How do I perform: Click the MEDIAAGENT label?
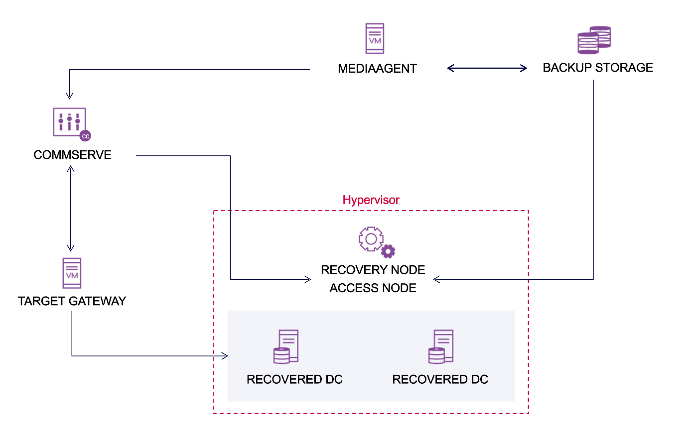[377, 69]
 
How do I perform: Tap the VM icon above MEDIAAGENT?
[375, 38]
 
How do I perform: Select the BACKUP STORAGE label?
[597, 68]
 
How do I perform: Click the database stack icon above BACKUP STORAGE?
[594, 40]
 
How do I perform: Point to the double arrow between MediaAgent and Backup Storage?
[487, 68]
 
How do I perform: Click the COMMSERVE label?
[72, 155]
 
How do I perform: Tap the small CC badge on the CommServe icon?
[85, 136]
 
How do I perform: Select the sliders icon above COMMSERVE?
[69, 121]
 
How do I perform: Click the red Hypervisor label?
[371, 200]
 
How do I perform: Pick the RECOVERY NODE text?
[373, 270]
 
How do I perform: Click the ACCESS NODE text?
[373, 288]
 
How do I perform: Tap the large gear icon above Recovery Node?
[371, 239]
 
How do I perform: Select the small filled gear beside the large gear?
[388, 251]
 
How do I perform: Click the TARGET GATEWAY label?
[72, 301]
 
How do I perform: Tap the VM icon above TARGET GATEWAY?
[72, 273]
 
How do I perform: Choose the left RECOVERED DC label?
[294, 379]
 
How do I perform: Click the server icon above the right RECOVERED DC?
[441, 346]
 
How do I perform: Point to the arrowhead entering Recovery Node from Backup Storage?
[436, 279]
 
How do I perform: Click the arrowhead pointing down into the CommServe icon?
[69, 96]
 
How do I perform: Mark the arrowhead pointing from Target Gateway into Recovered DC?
[225, 356]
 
